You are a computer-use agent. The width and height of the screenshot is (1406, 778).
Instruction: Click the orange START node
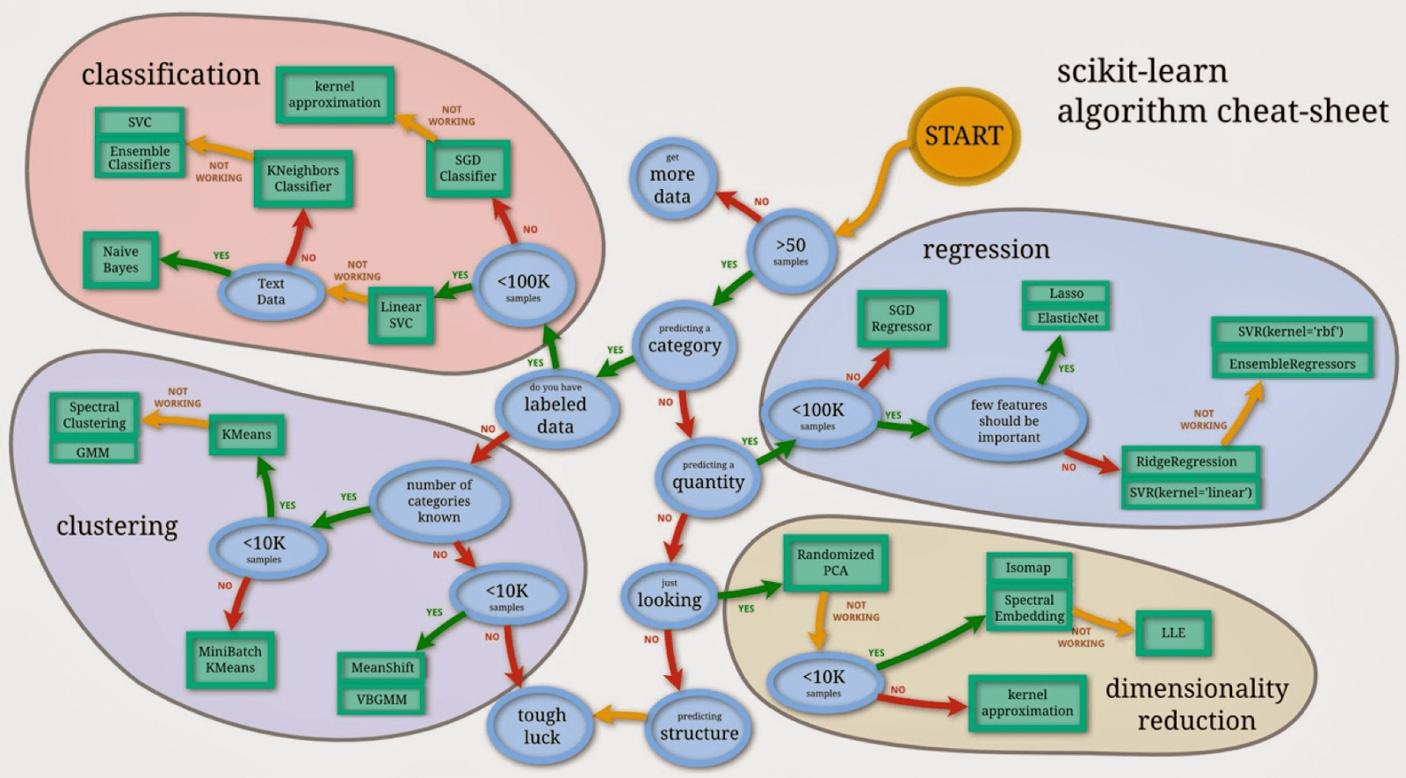[963, 135]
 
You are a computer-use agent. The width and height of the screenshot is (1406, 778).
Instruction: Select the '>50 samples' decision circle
[790, 251]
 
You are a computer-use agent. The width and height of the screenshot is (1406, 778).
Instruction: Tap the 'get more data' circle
[672, 180]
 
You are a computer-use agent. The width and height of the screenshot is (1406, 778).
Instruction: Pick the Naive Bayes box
[120, 259]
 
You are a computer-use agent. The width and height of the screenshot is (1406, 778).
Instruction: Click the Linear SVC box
[401, 315]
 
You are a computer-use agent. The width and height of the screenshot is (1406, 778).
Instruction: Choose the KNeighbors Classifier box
[302, 178]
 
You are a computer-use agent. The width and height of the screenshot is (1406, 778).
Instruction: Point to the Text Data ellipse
[271, 291]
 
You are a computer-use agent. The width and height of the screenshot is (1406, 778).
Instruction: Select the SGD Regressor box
[902, 318]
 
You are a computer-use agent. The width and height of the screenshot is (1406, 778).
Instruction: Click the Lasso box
[1066, 294]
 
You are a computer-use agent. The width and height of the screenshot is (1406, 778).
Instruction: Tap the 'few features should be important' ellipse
[1008, 421]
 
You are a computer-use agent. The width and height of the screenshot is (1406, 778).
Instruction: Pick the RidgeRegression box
[1186, 462]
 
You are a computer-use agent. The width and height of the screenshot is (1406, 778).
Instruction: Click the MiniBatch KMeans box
[230, 659]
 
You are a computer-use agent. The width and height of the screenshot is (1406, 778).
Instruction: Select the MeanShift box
[382, 667]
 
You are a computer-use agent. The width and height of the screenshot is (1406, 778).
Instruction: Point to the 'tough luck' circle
[541, 725]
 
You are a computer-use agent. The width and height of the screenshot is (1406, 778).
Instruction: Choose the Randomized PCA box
[835, 563]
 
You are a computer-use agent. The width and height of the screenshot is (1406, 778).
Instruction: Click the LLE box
[1173, 633]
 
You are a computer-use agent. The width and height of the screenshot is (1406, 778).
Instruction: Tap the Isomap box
[1028, 568]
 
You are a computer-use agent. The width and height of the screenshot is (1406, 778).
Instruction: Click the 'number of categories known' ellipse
[438, 501]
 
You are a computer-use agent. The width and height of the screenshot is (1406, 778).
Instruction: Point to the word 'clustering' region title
[117, 526]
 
